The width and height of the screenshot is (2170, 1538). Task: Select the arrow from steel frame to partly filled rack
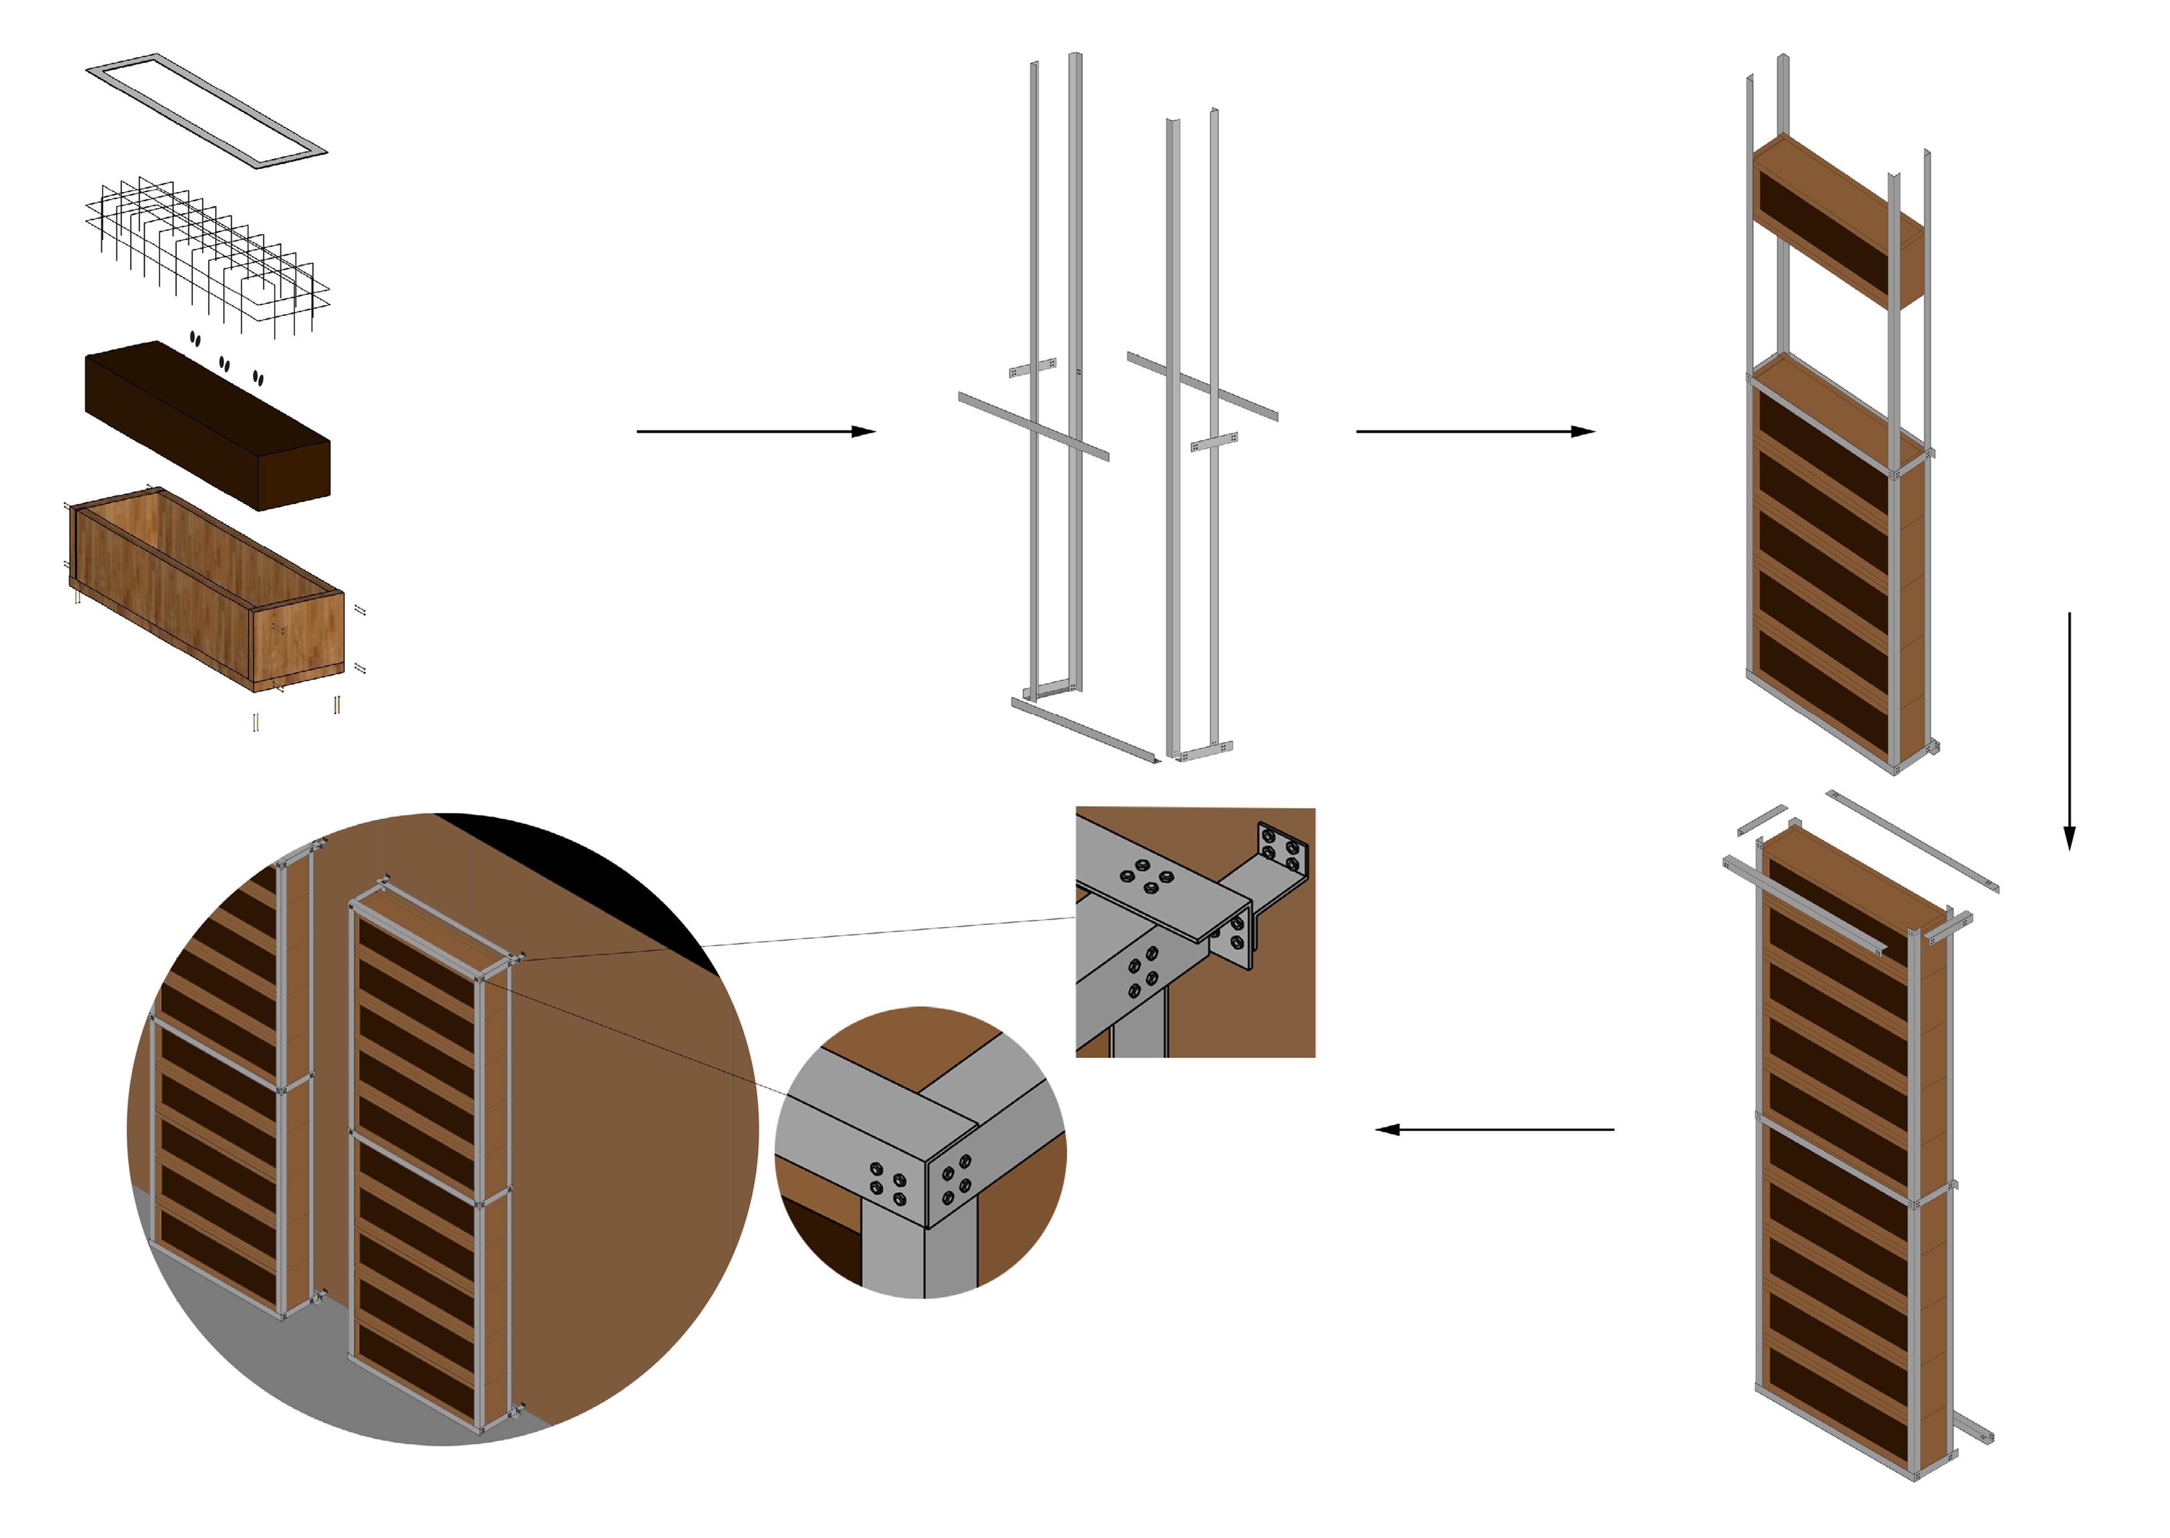click(x=1475, y=432)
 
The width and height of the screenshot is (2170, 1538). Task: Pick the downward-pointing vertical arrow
click(x=2069, y=729)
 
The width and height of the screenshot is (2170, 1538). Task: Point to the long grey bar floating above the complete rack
click(x=1911, y=841)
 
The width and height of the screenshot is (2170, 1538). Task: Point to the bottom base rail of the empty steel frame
click(x=1084, y=731)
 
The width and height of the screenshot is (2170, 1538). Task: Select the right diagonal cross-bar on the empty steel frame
click(x=1203, y=386)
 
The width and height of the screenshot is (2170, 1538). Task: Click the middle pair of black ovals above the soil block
click(x=224, y=363)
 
